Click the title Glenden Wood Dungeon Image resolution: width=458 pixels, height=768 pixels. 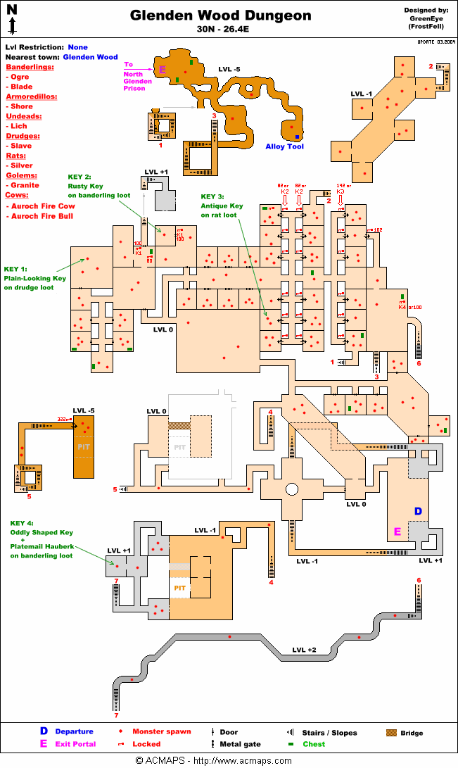pos(221,15)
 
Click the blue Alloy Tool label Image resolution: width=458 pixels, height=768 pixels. pos(284,146)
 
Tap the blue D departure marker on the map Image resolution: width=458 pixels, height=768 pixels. pos(417,511)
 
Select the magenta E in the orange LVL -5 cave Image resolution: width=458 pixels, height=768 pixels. pos(163,70)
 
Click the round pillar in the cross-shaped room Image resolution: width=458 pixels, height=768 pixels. pos(291,489)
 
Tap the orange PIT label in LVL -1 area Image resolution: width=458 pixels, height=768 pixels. pos(179,588)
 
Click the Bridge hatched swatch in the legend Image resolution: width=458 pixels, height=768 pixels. pos(391,732)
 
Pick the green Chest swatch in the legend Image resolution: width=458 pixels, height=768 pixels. pos(290,744)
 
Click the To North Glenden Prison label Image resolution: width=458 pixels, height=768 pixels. pos(137,77)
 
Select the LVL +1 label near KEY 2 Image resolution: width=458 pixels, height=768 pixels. pos(156,172)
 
